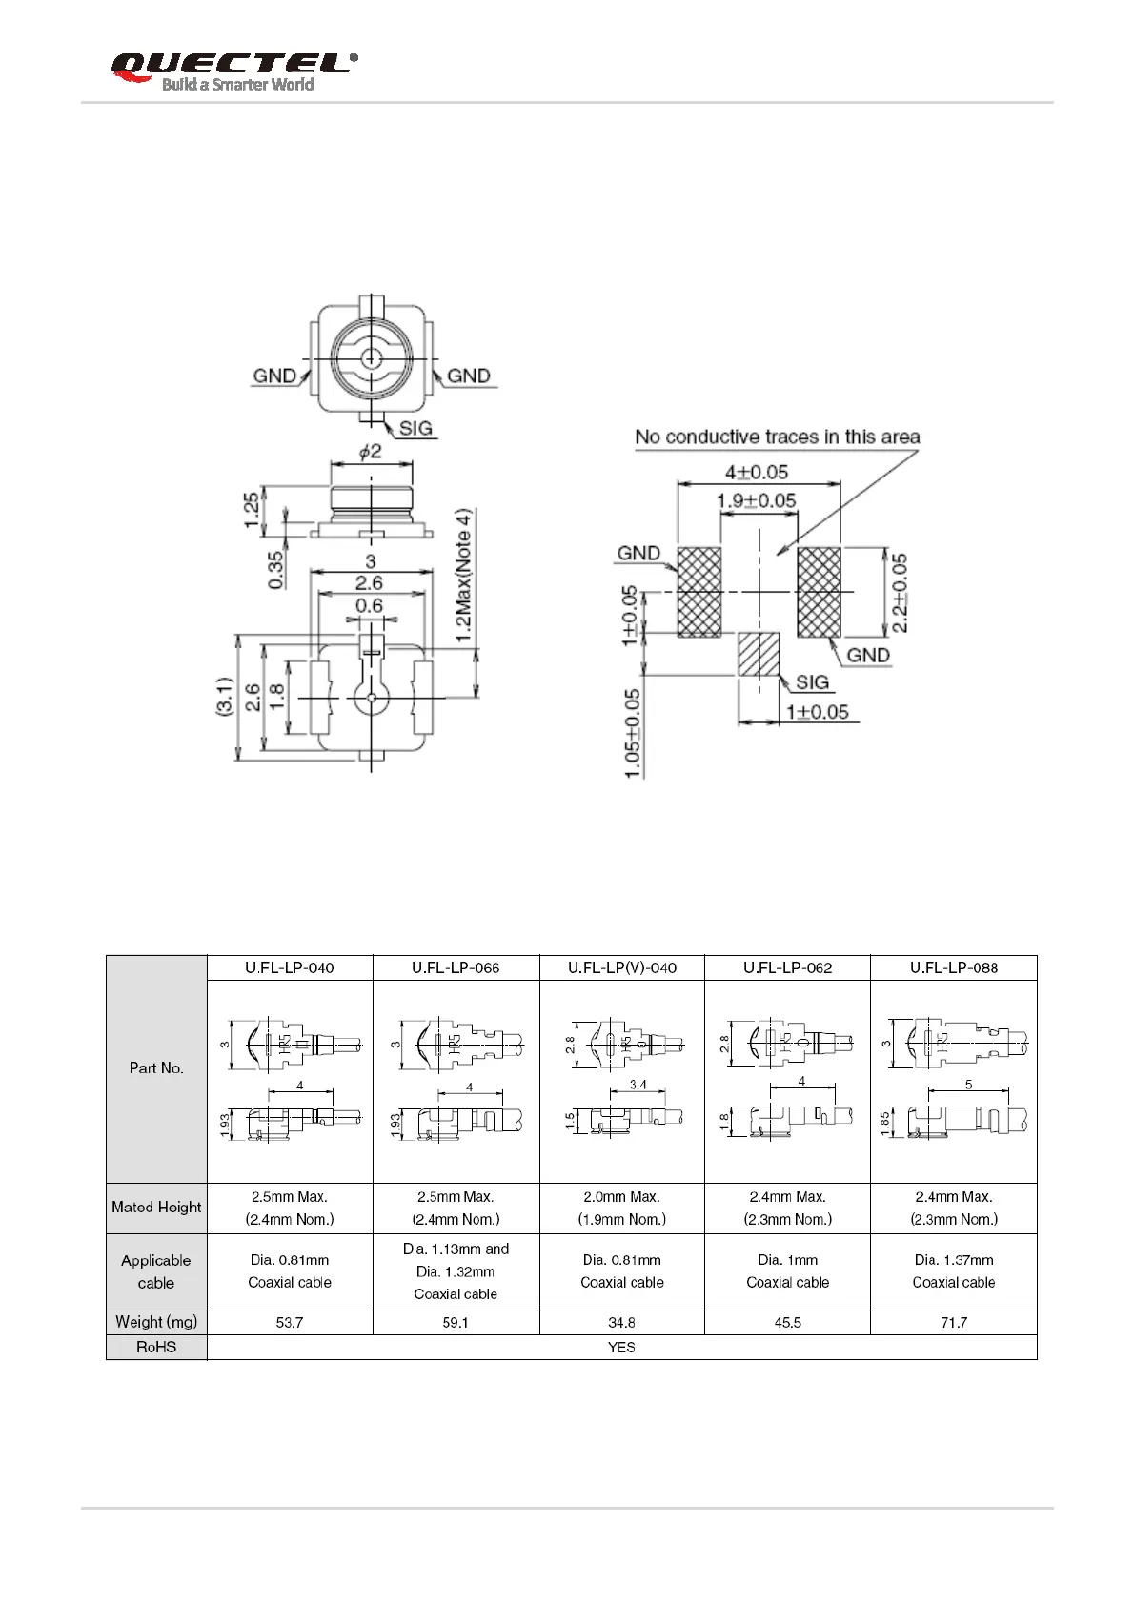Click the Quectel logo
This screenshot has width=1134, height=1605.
tap(233, 71)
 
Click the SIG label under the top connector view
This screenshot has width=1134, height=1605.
tap(415, 429)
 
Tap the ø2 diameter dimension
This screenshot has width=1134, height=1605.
tap(370, 452)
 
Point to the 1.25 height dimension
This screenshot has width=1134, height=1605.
tap(252, 510)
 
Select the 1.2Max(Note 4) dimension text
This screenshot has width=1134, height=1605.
tap(463, 575)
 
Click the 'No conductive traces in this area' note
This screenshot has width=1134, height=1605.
tap(777, 437)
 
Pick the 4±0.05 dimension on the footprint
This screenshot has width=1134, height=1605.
tap(757, 472)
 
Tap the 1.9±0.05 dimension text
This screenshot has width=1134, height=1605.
tap(757, 500)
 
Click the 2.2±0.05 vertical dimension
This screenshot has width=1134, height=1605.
tap(900, 593)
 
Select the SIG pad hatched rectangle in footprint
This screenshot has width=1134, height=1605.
tap(759, 654)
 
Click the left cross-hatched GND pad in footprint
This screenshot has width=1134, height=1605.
tap(699, 592)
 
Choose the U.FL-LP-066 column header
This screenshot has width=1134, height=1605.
tap(456, 967)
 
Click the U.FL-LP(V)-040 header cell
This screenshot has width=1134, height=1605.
tap(622, 967)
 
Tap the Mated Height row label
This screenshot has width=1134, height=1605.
tap(156, 1208)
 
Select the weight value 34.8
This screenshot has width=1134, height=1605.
tap(621, 1323)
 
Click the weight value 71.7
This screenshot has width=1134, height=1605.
tap(953, 1323)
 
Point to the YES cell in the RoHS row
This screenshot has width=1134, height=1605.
tap(621, 1348)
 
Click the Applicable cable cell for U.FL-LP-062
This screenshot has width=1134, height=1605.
tap(787, 1271)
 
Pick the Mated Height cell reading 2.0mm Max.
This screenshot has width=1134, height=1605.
tap(621, 1208)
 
